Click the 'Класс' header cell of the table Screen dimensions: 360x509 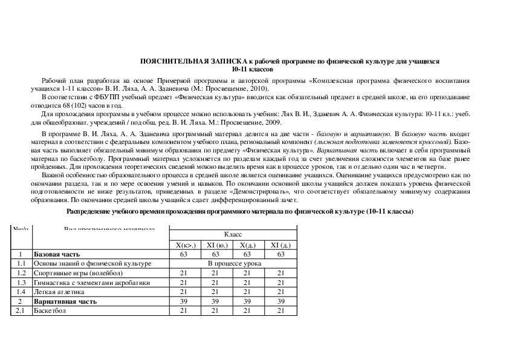pos(233,234)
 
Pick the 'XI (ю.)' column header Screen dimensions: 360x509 pos(213,245)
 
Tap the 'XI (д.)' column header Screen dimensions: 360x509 pos(280,245)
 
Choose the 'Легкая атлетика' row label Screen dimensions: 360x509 pos(56,292)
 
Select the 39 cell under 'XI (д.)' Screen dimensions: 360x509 pos(280,301)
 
